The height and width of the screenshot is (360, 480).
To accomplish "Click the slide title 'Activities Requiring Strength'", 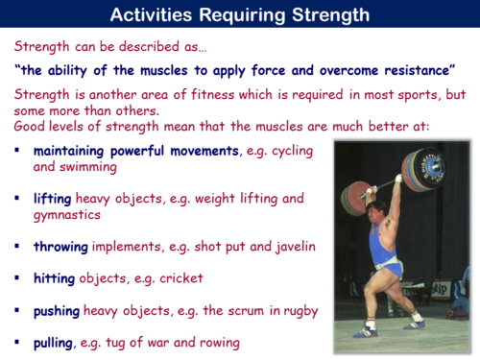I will point(240,14).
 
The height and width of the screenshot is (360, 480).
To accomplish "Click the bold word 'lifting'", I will point(52,198).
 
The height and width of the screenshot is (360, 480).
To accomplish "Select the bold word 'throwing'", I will point(60,247).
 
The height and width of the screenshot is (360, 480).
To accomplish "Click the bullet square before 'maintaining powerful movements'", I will point(18,152).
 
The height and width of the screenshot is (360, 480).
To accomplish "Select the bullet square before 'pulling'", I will point(18,342).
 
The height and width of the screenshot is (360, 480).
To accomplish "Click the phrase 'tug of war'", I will point(138,342).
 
